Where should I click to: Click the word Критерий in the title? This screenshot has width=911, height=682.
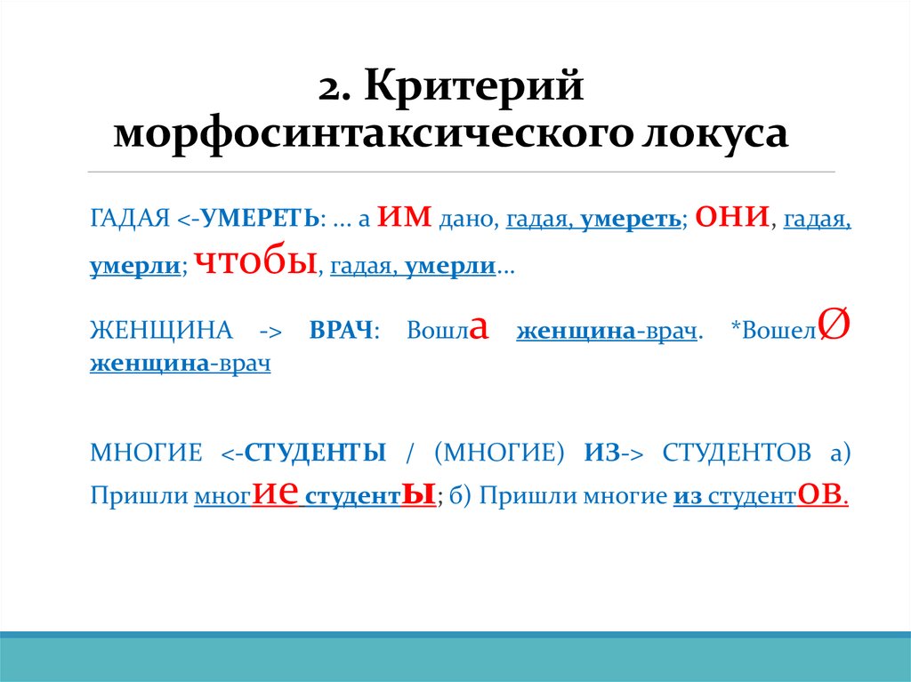(472, 87)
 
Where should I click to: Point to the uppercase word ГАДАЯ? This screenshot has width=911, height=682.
(129, 219)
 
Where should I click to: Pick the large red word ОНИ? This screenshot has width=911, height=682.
(731, 216)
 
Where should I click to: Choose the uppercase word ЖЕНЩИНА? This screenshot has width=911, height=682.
(160, 331)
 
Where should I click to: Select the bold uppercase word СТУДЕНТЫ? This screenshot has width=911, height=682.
(315, 453)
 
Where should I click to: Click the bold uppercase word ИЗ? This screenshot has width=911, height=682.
(601, 453)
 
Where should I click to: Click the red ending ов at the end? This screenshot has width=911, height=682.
(821, 493)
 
